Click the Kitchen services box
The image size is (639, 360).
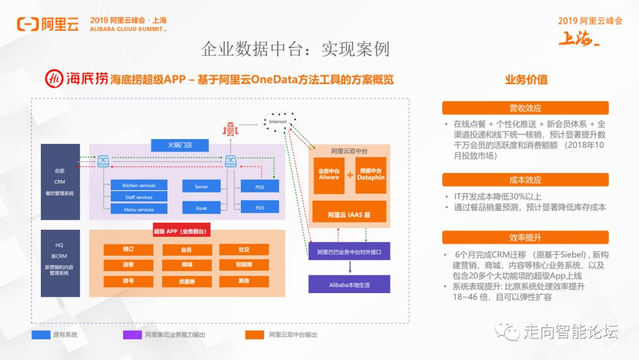coord(139,185)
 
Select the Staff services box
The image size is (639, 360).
coord(139,197)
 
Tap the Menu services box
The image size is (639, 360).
coord(139,209)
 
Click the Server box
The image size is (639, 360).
coord(201,187)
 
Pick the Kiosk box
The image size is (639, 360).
coord(201,208)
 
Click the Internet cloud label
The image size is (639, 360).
coord(277,122)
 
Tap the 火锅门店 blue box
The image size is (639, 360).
coord(180,144)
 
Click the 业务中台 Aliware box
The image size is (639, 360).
coord(329,175)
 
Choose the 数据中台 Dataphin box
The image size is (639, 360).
coord(371,175)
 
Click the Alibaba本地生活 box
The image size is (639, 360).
coord(349,284)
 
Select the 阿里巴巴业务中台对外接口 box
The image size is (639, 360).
coord(349,251)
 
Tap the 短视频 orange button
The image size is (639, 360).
coord(244,265)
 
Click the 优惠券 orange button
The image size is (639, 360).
coord(187,281)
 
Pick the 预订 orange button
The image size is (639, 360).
coord(128,249)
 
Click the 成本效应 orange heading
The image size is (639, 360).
coord(525,179)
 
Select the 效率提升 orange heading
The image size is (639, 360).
coord(525,237)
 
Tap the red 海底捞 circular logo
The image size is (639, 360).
coord(55,79)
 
